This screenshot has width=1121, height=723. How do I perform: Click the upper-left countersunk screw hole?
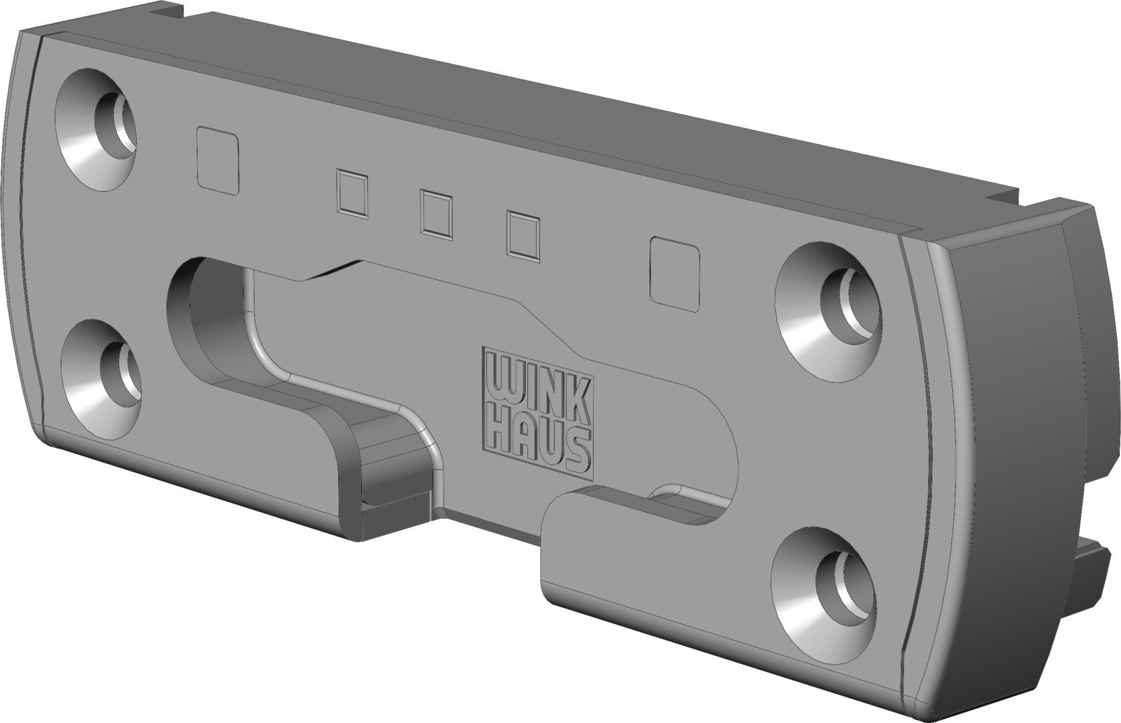[96, 129]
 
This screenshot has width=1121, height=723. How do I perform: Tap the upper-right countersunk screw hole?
[828, 312]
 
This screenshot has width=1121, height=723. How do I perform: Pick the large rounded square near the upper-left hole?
[218, 160]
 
